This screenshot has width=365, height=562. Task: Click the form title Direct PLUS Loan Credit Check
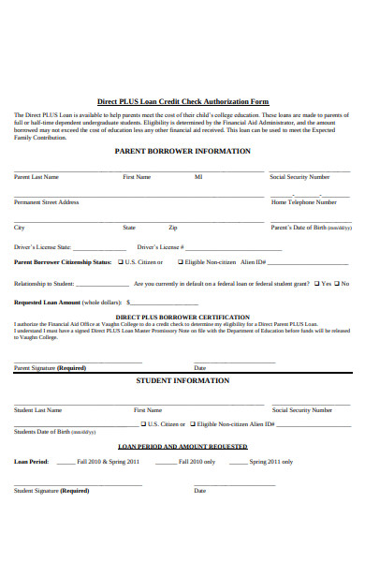click(x=182, y=102)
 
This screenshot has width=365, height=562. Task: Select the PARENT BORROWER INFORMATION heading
click(x=182, y=151)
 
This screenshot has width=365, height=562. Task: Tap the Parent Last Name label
click(x=36, y=176)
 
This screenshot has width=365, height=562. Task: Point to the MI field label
click(x=198, y=176)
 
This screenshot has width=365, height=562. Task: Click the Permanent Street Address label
click(x=46, y=201)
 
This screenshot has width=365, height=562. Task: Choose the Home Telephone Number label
click(x=304, y=201)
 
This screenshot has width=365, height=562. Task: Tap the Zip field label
click(x=173, y=228)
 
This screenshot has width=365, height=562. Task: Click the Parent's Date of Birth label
click(x=311, y=228)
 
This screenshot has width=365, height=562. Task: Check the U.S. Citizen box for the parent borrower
click(x=120, y=262)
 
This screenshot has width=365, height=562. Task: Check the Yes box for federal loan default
click(x=316, y=283)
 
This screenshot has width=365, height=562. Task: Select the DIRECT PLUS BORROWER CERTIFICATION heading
click(x=182, y=317)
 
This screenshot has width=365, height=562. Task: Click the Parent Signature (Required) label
click(x=50, y=368)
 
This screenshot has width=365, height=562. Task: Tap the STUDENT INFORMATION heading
click(x=182, y=381)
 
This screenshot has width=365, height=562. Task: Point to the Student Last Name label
click(x=37, y=409)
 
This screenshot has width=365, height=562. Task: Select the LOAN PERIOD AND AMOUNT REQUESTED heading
click(x=182, y=447)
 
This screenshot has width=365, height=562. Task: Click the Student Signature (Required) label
click(x=51, y=490)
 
